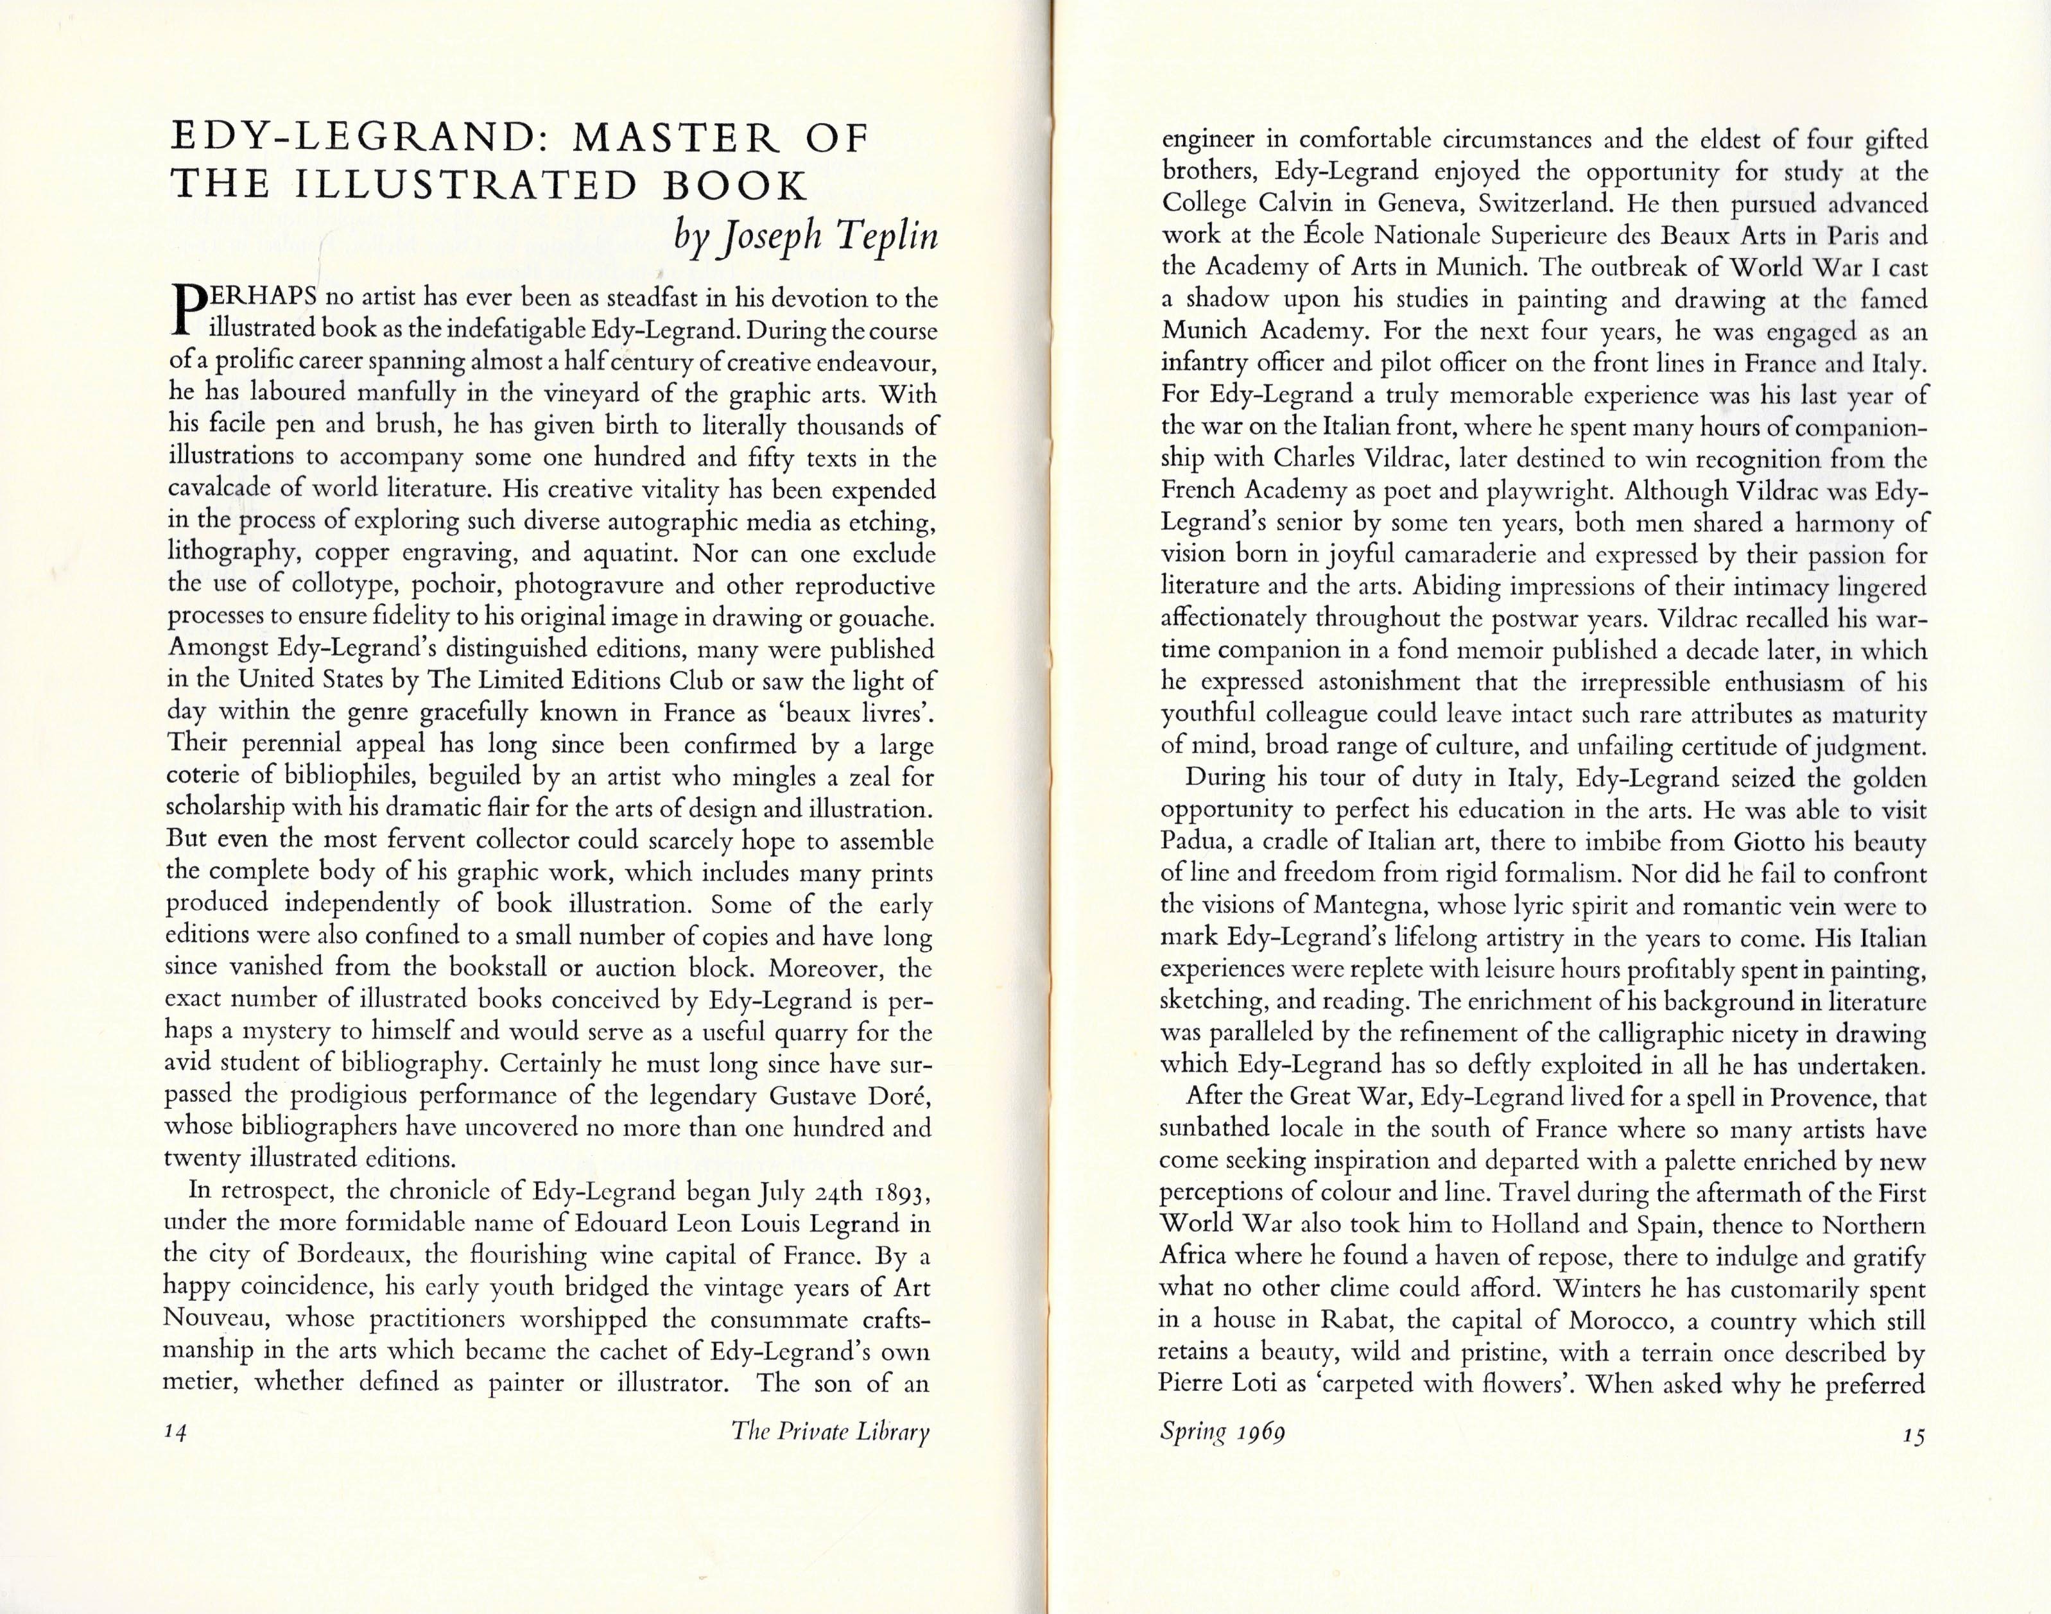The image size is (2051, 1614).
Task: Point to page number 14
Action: (x=177, y=1432)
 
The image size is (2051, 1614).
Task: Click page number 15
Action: (x=1914, y=1434)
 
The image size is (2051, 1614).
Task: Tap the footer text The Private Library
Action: (x=831, y=1432)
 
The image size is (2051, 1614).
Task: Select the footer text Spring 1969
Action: (x=1222, y=1432)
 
